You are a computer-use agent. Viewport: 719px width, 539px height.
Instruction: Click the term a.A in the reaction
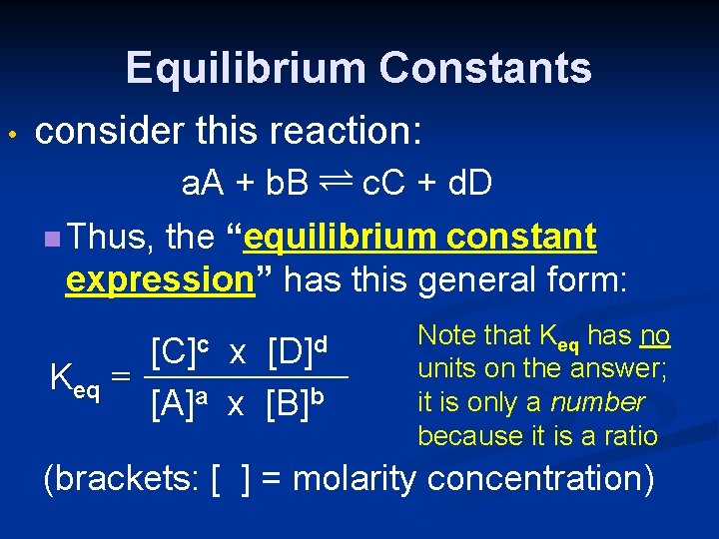[204, 184]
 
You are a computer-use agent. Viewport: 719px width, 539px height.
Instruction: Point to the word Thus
[110, 238]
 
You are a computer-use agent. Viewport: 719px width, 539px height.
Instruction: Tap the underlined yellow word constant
[521, 238]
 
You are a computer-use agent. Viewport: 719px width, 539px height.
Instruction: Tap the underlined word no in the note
[654, 335]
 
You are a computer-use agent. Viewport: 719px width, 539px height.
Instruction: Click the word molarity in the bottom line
[354, 479]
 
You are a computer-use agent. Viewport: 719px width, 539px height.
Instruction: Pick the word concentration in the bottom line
[539, 479]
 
